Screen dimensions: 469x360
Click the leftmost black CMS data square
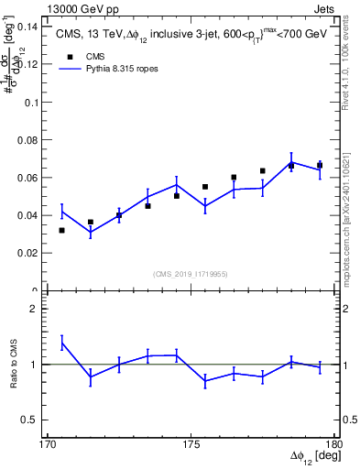pyautogui.click(x=61, y=230)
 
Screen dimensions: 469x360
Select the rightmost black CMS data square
pyautogui.click(x=320, y=165)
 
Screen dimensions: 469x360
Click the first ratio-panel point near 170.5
pyautogui.click(x=61, y=342)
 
